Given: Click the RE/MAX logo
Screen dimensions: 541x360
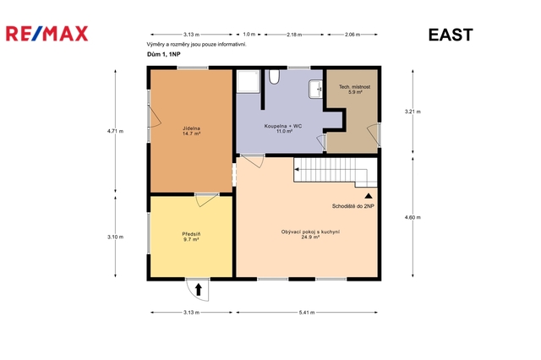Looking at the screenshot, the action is point(47,34).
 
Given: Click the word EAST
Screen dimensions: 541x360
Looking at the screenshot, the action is point(451,35).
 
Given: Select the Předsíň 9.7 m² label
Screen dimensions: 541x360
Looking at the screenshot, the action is point(192,237).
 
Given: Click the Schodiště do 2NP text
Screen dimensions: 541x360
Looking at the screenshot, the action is point(353,206).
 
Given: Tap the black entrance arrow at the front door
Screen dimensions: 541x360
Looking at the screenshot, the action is point(199,290).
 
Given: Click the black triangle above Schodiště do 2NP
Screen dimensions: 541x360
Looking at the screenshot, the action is point(369,196).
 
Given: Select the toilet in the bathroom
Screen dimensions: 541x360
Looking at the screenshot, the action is point(274,77).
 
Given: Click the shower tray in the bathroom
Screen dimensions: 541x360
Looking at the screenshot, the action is point(248,81).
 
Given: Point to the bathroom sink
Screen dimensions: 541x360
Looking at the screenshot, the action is point(315,90).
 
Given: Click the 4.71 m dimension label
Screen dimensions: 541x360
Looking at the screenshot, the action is point(115,131).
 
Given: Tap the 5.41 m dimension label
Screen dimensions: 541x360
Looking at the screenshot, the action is point(307,313).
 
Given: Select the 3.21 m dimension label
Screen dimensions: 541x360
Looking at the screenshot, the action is point(413,112).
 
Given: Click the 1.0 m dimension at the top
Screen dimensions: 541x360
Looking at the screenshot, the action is point(249,34).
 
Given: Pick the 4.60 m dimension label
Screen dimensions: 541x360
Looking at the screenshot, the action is point(413,217).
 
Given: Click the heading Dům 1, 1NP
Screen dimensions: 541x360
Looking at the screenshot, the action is point(163,54).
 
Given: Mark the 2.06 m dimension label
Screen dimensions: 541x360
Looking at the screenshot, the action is point(352,35).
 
